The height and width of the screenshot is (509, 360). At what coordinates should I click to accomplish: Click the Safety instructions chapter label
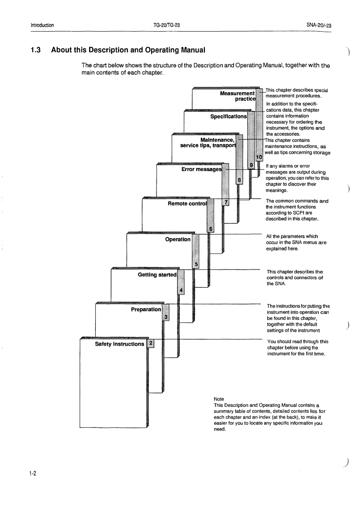coord(119,344)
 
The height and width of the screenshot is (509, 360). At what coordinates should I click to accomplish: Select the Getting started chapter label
coord(156,274)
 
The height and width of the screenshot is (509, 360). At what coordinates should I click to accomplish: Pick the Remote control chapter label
coord(187,204)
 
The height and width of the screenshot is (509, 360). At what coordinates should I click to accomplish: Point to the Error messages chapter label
coord(201,169)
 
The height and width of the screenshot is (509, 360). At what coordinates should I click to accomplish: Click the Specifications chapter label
coord(228,116)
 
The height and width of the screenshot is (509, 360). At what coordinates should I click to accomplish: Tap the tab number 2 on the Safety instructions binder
coord(151,343)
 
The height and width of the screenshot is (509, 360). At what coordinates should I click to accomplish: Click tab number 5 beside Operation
coord(196,265)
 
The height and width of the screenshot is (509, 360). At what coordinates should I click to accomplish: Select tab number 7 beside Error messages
coord(226,202)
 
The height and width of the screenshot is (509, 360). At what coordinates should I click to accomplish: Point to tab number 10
coord(259,157)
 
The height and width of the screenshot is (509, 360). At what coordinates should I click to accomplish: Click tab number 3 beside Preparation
coord(166,317)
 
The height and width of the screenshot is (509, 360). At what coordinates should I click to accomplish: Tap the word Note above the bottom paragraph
coord(218,399)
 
